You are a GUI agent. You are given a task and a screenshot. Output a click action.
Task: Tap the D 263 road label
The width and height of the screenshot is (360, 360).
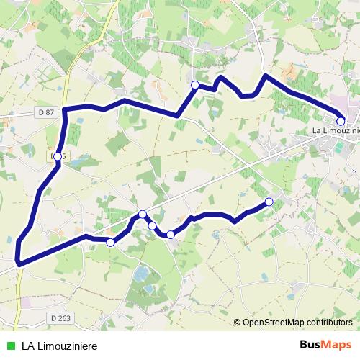62,317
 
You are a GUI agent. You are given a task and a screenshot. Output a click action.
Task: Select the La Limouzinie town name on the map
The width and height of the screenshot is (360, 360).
336,131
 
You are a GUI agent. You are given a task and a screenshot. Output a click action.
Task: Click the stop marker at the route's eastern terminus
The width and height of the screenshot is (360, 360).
341,122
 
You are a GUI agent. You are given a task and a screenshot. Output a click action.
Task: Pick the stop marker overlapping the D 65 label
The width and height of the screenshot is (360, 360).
58,156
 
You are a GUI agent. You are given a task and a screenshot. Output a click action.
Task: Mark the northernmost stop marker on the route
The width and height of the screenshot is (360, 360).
194,85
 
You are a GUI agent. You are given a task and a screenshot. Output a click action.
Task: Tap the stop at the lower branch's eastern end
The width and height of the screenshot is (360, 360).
269,202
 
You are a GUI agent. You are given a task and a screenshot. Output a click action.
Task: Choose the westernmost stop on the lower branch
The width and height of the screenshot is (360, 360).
110,242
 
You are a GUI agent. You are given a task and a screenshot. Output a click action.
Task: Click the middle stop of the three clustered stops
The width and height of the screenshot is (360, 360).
153,226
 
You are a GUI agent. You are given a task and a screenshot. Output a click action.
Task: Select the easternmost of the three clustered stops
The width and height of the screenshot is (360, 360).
171,235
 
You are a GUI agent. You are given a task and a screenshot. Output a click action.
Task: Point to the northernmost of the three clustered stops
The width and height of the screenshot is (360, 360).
143,214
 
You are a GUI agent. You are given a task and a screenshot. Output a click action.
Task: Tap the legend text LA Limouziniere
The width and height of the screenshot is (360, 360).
59,346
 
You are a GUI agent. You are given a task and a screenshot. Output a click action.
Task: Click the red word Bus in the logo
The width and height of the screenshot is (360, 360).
311,345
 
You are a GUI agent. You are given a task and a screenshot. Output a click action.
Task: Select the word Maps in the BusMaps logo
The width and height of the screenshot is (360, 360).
338,345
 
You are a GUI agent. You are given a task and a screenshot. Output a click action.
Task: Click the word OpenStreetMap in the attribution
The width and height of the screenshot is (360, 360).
274,323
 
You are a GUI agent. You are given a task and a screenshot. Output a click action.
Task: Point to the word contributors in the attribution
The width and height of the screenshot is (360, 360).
329,323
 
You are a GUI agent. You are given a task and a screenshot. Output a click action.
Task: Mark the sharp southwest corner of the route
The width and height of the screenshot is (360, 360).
18,264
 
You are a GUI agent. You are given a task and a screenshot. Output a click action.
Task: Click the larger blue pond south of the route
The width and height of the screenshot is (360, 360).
143,274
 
